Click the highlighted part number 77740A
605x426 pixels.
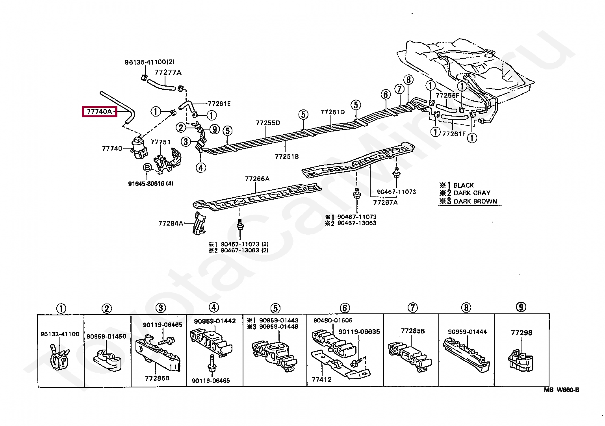coord(99,111)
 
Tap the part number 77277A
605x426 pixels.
coord(168,72)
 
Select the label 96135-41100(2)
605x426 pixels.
coord(149,62)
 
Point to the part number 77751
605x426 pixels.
coord(160,142)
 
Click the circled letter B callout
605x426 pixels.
coord(147,168)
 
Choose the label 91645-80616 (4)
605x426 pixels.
coord(151,183)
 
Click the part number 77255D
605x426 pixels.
coord(268,123)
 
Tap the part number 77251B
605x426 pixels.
coord(287,156)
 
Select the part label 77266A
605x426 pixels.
coord(257,179)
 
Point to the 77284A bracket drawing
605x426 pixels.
coord(199,223)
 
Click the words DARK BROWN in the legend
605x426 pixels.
coord(475,201)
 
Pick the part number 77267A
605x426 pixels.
coord(386,202)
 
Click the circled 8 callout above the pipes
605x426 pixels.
coord(408,80)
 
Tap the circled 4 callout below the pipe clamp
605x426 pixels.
coord(200,168)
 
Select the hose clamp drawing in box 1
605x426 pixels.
coord(59,357)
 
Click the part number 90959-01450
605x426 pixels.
coord(106,336)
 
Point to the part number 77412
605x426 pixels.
coord(321,380)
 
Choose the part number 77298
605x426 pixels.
coord(521,333)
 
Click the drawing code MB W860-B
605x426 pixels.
coord(562,390)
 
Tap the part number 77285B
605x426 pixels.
coord(413,331)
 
